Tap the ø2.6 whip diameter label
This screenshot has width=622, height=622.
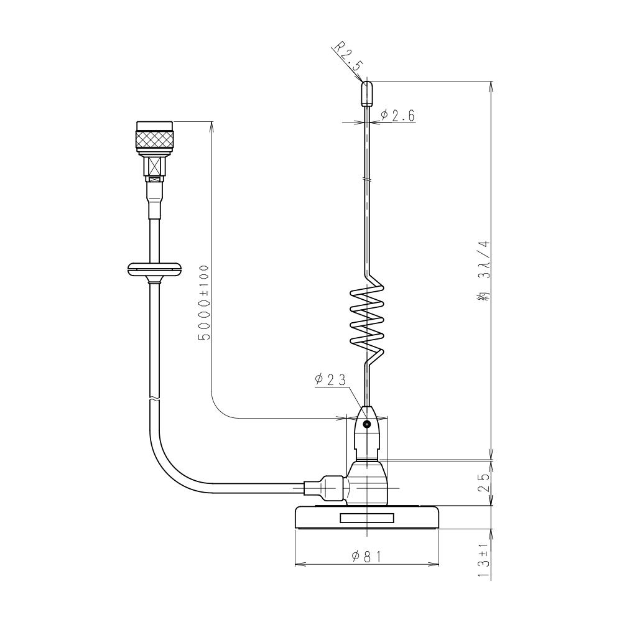[397, 116]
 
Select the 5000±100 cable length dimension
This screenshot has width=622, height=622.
[203, 303]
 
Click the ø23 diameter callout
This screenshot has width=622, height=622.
[330, 379]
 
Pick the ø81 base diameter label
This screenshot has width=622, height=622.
[366, 557]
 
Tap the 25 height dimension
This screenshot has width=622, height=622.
[485, 482]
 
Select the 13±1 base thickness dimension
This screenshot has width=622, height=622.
[484, 560]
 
